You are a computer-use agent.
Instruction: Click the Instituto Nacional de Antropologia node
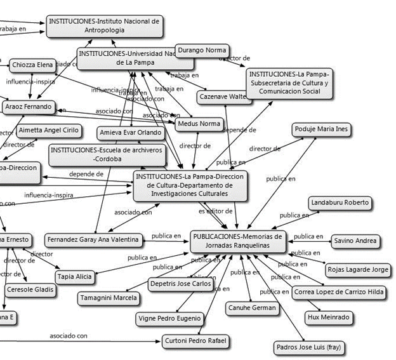(104, 26)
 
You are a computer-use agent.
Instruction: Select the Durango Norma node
(202, 50)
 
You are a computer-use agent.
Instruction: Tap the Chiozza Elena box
(31, 65)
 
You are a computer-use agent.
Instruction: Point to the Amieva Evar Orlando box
(131, 133)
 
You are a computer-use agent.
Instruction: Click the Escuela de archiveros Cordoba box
(106, 154)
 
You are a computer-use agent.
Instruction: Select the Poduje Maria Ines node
(321, 130)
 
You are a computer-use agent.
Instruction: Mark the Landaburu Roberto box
(340, 203)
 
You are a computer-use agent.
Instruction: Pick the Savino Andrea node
(357, 241)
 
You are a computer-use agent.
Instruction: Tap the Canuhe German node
(252, 308)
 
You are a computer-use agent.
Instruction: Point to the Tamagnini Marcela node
(108, 297)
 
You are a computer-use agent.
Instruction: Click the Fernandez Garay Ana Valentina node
(93, 239)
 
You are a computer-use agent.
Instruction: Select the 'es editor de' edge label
(215, 210)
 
